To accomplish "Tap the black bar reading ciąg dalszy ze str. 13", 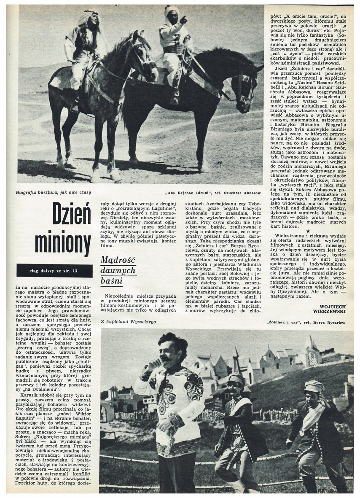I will coord(54,270).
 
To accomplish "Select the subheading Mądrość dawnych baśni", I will coord(118,270).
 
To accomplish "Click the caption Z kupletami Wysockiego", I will coord(129,321).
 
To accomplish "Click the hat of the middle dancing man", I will coord(236,379).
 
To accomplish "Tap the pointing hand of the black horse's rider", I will coord(184,19).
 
